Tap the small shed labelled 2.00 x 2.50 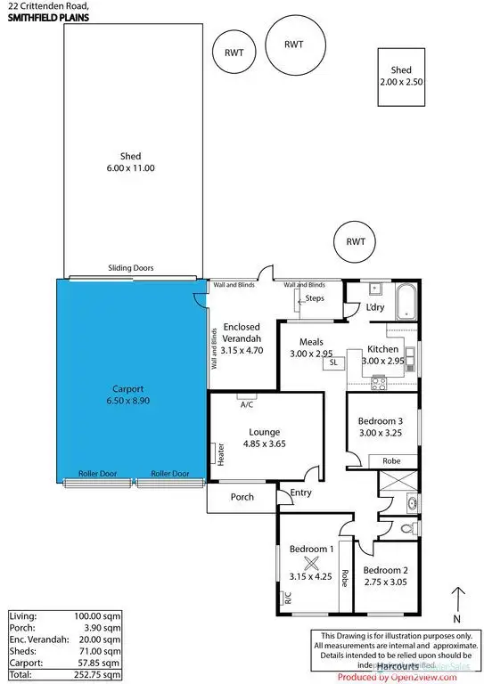click(x=400, y=77)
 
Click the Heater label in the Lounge click(x=219, y=453)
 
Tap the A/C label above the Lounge click(x=248, y=403)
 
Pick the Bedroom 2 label click(x=386, y=576)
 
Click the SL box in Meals click(x=333, y=362)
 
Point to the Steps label click(x=315, y=298)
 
